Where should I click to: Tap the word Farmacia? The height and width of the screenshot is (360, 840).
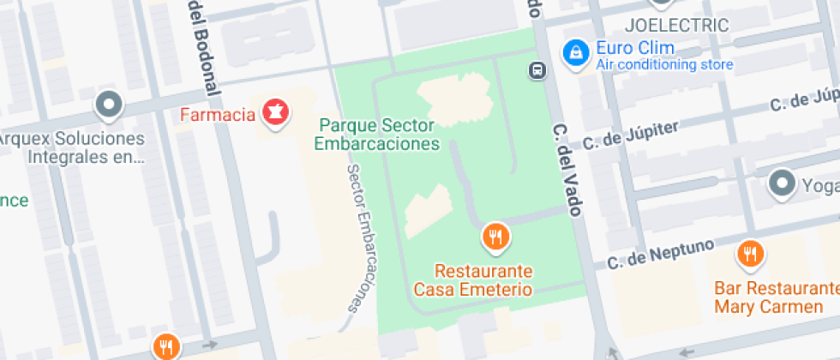(x=218, y=114)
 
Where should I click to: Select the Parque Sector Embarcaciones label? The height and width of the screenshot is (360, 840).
(x=377, y=135)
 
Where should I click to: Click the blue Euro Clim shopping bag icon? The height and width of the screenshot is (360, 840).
(x=574, y=52)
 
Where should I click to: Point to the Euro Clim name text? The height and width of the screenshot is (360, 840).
(x=635, y=48)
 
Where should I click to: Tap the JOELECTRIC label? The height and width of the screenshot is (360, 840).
(x=677, y=25)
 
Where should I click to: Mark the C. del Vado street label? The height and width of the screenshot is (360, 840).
(x=567, y=170)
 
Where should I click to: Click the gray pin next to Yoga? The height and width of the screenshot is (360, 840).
(x=781, y=183)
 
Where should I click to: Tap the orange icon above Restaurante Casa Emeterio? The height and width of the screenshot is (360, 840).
(x=495, y=236)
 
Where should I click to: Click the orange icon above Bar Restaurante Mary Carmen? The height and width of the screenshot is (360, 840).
(x=750, y=253)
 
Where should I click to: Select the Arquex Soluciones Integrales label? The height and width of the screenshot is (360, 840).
(x=72, y=147)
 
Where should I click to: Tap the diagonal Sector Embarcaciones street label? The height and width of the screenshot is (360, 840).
(x=363, y=237)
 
